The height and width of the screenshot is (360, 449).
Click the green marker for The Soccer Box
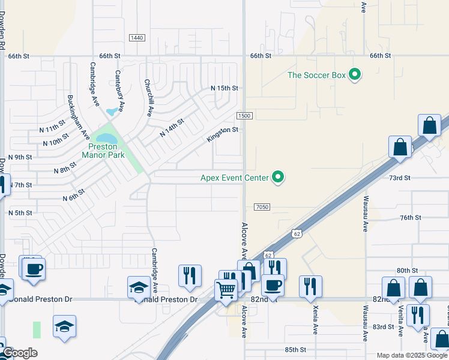pos(355,75)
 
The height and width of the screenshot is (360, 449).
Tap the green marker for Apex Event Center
pos(278,177)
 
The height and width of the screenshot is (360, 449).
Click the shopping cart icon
pos(226,289)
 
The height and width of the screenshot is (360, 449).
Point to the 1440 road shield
pos(137,38)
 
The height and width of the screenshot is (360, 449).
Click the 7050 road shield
pos(262,207)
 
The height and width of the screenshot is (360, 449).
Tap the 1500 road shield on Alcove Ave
pos(244,116)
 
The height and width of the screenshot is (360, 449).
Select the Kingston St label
pos(223,134)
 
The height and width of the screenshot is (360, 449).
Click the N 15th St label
pos(224,88)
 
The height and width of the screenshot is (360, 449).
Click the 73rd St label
pos(399,178)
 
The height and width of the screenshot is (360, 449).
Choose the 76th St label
pos(412,218)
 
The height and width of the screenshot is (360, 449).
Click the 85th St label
pos(295,349)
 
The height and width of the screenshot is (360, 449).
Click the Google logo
pos(20,353)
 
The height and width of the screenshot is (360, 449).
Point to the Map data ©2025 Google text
pos(412,355)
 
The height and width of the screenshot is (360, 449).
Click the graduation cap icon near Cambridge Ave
pos(139,287)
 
